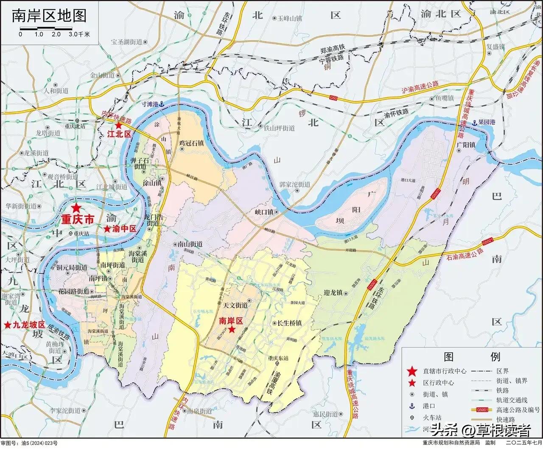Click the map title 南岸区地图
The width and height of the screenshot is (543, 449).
tap(49, 15)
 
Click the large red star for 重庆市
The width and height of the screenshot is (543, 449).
tap(76, 208)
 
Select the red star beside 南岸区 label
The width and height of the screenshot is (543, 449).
tap(232, 330)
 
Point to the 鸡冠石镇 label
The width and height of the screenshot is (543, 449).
tap(192, 143)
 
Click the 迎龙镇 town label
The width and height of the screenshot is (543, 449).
tap(333, 293)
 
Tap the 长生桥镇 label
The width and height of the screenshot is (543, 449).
tap(289, 323)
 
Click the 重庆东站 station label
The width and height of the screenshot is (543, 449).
tap(278, 358)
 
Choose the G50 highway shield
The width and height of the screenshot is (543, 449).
tap(333, 98)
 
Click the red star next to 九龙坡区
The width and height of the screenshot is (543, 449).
tap(8, 325)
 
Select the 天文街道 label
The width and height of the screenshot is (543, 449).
tap(235, 305)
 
